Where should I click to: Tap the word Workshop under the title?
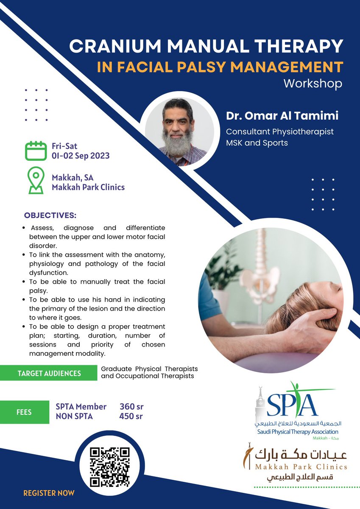point(313,83)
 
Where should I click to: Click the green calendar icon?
point(35,151)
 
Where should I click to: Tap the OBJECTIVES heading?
point(50,215)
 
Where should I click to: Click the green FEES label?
point(24,412)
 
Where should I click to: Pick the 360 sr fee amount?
point(131,407)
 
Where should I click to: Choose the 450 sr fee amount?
point(131,417)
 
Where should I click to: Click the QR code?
point(111,466)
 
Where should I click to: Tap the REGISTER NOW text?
point(49,493)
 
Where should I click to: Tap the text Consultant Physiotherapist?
point(279,132)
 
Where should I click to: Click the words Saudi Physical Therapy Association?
point(298,431)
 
